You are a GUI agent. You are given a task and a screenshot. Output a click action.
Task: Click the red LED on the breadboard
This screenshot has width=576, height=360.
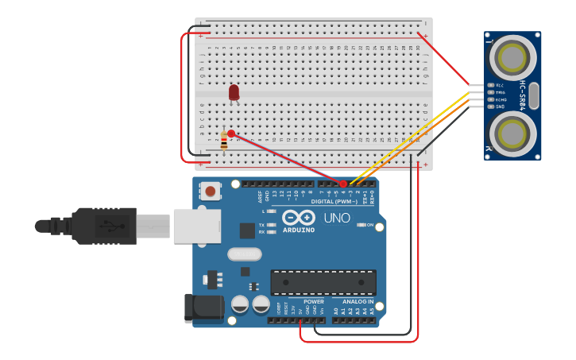point(234,93)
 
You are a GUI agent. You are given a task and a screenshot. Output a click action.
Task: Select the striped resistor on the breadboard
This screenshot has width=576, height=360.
point(224,142)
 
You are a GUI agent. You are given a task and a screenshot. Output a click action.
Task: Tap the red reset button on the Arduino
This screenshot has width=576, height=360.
point(211,191)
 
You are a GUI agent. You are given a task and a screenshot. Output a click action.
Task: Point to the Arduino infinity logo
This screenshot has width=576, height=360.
point(299,218)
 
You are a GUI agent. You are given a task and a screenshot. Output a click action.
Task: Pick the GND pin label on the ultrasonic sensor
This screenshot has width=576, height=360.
point(500,106)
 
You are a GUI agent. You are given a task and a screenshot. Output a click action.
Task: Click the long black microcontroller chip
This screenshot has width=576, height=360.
point(323,282)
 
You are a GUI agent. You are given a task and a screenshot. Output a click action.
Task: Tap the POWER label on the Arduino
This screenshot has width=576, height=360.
point(313,302)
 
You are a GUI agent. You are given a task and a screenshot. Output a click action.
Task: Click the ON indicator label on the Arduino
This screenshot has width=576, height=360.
point(370,225)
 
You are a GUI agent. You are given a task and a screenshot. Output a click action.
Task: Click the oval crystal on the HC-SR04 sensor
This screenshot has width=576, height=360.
point(534,95)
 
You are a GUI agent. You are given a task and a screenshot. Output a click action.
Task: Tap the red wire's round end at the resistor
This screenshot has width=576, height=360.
point(230,134)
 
